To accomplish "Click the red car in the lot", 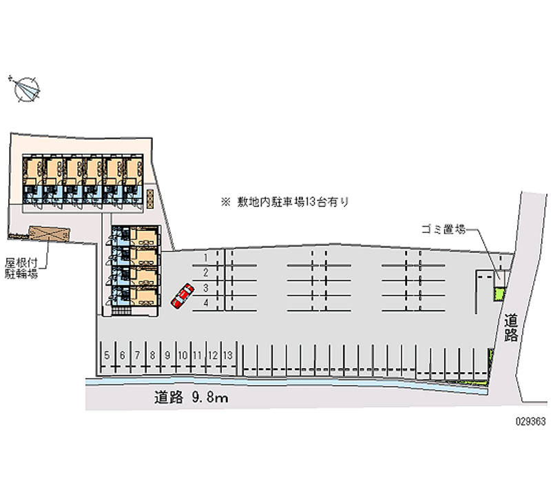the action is pyautogui.click(x=183, y=296).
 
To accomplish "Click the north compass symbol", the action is pyautogui.click(x=26, y=90).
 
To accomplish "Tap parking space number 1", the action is pyautogui.click(x=205, y=258).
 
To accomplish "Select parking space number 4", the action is pyautogui.click(x=206, y=303).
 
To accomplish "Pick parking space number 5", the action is pyautogui.click(x=107, y=356).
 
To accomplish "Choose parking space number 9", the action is pyautogui.click(x=167, y=356).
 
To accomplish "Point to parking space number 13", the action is pyautogui.click(x=228, y=356).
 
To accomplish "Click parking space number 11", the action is pyautogui.click(x=197, y=356).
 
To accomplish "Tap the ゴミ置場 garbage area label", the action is pyautogui.click(x=444, y=229).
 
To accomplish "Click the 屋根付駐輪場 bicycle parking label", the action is pyautogui.click(x=21, y=268).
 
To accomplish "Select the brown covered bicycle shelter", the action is pyautogui.click(x=50, y=234).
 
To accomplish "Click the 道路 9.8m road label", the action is pyautogui.click(x=191, y=397).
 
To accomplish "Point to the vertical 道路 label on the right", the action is pyautogui.click(x=511, y=328).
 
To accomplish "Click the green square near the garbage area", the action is pyautogui.click(x=499, y=294).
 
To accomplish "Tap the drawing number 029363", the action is pyautogui.click(x=530, y=421).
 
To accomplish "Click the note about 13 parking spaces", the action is pyautogui.click(x=284, y=202).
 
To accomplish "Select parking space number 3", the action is pyautogui.click(x=206, y=288).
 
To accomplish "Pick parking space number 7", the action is pyautogui.click(x=137, y=356).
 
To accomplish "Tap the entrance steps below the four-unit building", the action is pyautogui.click(x=121, y=311).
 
